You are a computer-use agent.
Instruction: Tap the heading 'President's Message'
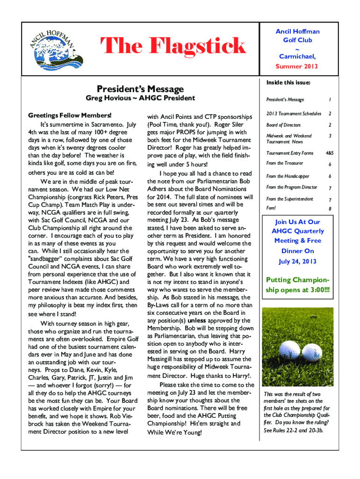(x=140, y=89)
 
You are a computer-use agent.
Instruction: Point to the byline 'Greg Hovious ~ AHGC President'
(x=140, y=99)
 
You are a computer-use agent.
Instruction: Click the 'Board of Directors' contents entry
(x=283, y=125)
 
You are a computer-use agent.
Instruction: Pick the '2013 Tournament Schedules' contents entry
(x=294, y=114)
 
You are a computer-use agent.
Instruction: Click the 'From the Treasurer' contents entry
(x=285, y=163)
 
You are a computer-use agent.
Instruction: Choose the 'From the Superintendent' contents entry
(x=289, y=199)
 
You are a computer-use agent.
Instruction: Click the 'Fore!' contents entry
(x=271, y=207)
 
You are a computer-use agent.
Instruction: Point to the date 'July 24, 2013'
(x=297, y=261)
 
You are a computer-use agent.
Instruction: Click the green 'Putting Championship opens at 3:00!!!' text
(x=297, y=285)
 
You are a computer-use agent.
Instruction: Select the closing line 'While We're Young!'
(x=174, y=433)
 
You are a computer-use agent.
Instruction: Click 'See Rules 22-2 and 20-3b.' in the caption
(x=294, y=430)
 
